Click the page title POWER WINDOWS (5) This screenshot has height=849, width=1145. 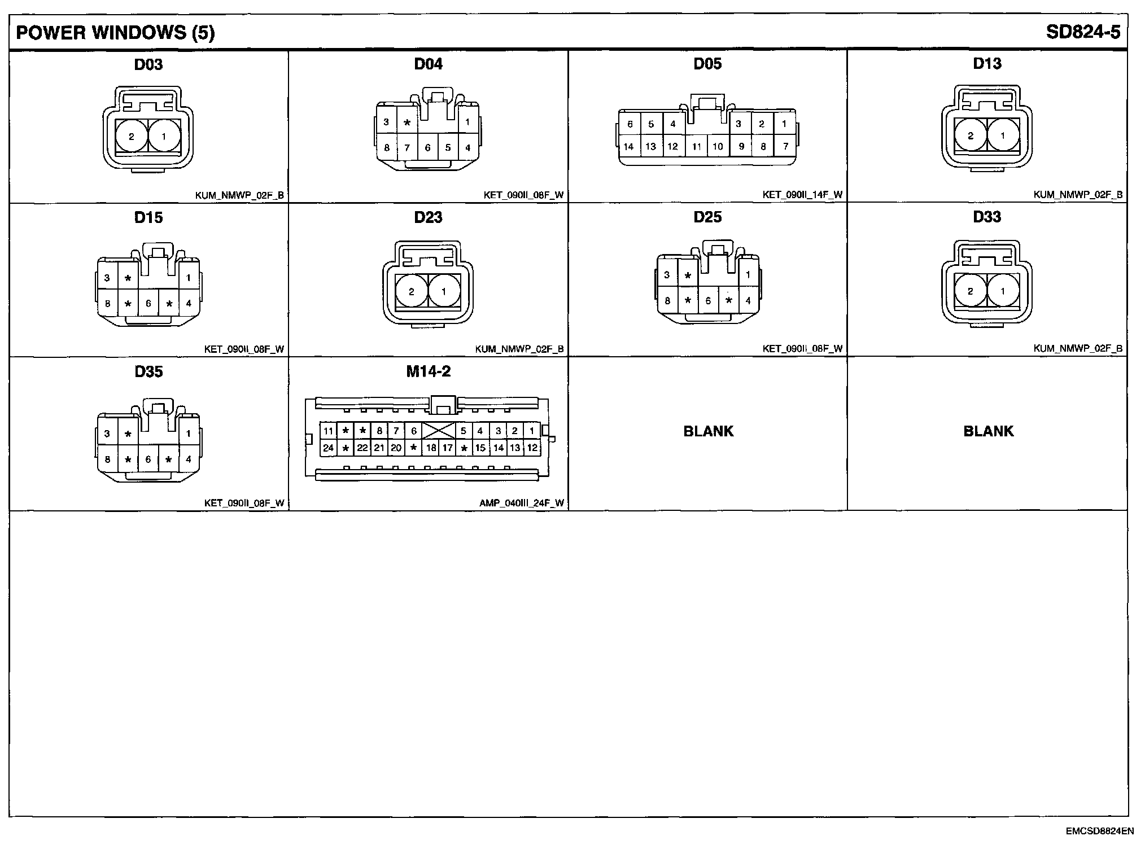pyautogui.click(x=115, y=33)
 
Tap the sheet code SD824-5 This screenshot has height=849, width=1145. pyautogui.click(x=1082, y=32)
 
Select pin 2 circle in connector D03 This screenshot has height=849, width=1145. pyautogui.click(x=132, y=136)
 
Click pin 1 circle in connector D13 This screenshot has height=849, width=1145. pyautogui.click(x=1003, y=135)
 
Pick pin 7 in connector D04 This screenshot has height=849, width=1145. pyautogui.click(x=407, y=148)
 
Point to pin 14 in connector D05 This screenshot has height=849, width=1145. pyautogui.click(x=628, y=146)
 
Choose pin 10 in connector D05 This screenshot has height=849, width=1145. pyautogui.click(x=718, y=146)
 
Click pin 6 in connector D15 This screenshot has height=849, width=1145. pyautogui.click(x=148, y=304)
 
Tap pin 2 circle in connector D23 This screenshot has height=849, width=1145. pyautogui.click(x=411, y=292)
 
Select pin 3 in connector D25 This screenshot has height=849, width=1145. pyautogui.click(x=667, y=275)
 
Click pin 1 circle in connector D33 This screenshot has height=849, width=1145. pyautogui.click(x=1003, y=291)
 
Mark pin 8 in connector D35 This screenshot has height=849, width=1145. pyautogui.click(x=107, y=459)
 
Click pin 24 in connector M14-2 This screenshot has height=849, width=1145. pyautogui.click(x=328, y=448)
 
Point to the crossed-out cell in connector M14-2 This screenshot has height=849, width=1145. pyautogui.click(x=439, y=431)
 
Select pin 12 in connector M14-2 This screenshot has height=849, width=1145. pyautogui.click(x=532, y=448)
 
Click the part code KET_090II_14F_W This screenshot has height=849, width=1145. pyautogui.click(x=802, y=195)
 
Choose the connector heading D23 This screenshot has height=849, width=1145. pyautogui.click(x=428, y=217)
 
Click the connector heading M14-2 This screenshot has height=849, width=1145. pyautogui.click(x=428, y=371)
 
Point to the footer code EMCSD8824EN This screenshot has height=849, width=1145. pyautogui.click(x=1091, y=831)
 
